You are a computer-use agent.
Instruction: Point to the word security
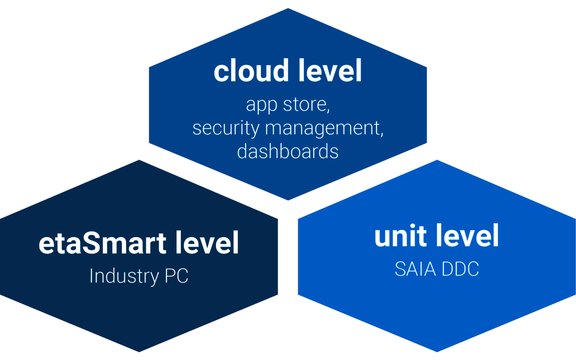[x=226, y=129]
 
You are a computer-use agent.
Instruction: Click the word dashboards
[x=288, y=151]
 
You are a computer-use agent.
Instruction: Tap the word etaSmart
[x=102, y=243]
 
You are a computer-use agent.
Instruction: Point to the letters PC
[x=176, y=276]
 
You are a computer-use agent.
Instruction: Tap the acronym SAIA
[x=415, y=270]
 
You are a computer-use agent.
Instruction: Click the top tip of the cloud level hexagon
[x=288, y=9]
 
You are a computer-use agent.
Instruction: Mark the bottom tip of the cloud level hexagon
[x=288, y=200]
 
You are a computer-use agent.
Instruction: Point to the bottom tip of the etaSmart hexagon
[x=139, y=352]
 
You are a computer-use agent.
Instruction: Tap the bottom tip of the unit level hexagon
[x=436, y=352]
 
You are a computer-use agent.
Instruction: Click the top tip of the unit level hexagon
[x=436, y=160]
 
